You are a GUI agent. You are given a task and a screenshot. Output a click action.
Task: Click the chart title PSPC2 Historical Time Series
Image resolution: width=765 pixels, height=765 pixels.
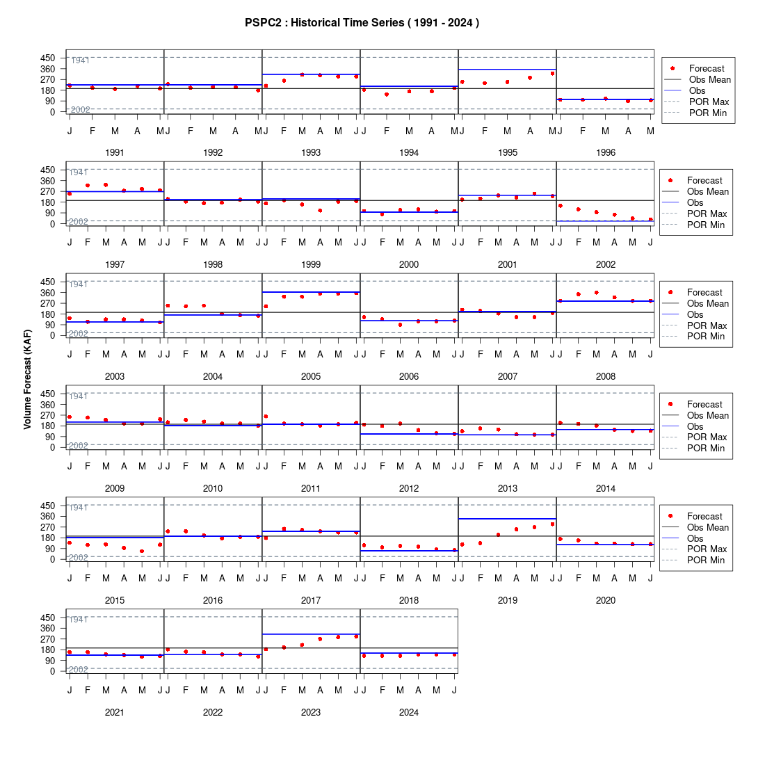click(x=362, y=23)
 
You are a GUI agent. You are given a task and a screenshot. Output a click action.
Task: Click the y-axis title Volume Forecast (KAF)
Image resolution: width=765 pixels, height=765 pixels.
click(x=27, y=380)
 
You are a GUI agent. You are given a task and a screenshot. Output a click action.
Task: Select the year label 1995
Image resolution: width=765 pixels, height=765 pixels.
click(x=508, y=153)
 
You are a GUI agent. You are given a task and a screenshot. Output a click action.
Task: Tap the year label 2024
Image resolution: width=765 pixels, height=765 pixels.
click(x=409, y=712)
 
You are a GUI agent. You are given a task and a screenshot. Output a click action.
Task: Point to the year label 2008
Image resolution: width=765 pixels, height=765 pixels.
click(x=606, y=377)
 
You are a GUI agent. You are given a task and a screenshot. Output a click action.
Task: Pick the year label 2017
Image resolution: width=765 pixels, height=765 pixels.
click(x=311, y=601)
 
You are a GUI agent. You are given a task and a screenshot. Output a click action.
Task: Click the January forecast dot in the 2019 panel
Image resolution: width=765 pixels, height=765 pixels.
click(x=462, y=545)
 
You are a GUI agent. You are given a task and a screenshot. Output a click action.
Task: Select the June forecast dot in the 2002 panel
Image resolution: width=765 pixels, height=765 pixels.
click(x=650, y=220)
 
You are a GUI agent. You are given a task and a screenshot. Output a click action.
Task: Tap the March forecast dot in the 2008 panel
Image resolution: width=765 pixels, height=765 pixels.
click(x=596, y=293)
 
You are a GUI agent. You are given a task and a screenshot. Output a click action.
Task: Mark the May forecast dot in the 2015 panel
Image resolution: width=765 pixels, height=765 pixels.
click(x=142, y=551)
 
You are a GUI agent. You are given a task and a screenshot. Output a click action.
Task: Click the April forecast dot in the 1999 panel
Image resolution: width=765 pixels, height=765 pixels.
click(x=320, y=211)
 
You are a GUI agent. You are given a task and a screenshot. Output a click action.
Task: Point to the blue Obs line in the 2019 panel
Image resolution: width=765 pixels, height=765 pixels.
click(x=508, y=519)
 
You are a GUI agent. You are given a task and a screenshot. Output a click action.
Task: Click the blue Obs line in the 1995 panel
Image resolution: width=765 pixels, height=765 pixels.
click(x=508, y=70)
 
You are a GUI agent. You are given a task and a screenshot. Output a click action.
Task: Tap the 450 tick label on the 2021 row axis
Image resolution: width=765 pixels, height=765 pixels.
click(x=48, y=618)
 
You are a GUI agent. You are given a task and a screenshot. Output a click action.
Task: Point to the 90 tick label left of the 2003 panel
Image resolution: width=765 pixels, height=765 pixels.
click(x=50, y=325)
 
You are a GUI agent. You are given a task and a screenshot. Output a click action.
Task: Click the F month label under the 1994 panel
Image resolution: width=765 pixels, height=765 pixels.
click(x=387, y=131)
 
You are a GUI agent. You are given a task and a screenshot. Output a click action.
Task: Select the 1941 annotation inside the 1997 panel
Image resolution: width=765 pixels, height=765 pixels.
click(x=78, y=172)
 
